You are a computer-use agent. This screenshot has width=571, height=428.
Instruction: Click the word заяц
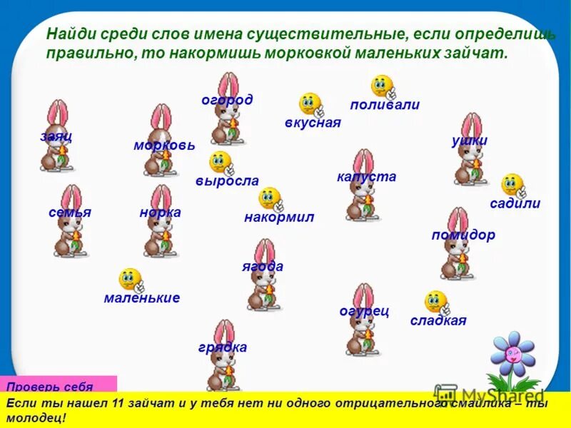coord(56,136)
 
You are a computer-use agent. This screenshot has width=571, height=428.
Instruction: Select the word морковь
coord(164,145)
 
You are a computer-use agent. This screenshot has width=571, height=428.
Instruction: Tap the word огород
coord(227,100)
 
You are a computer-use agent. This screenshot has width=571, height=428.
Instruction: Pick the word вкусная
coord(313,123)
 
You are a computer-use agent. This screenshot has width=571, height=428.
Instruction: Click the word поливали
coord(385,105)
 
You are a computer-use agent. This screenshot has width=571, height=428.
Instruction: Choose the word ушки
coord(470,141)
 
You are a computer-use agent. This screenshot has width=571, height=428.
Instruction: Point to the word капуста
coord(366,177)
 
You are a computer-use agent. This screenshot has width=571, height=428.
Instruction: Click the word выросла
coord(227,181)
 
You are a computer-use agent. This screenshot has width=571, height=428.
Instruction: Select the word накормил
coord(279,217)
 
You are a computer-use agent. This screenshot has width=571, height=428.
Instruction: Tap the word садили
coord(515,203)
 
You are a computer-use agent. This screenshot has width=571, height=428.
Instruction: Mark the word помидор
coord(463,235)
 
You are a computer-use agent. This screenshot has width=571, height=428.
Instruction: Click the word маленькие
coord(141,298)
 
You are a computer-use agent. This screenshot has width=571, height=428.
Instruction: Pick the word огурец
coord(364,311)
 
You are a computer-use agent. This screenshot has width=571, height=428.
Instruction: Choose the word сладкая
coord(438,320)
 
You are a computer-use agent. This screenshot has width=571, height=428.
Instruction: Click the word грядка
coord(223,347)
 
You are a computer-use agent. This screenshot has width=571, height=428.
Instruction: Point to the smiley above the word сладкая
coord(435,302)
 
